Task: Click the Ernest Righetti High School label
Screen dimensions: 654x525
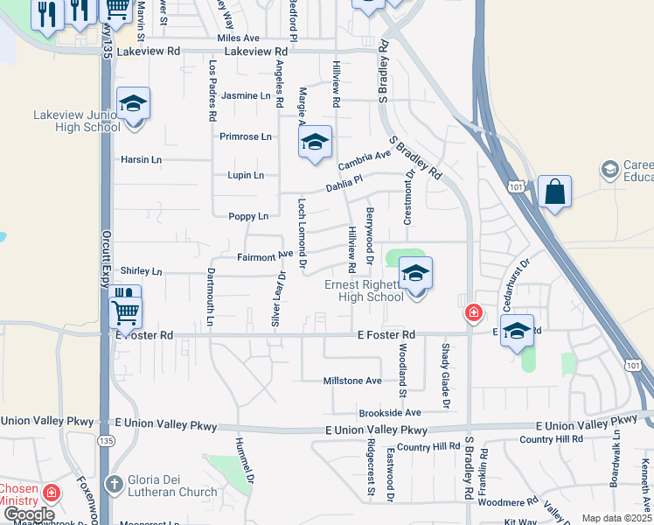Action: tap(364, 290)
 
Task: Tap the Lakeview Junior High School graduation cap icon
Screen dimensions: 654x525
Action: tap(134, 105)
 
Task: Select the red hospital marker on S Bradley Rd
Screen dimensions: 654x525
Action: tap(473, 312)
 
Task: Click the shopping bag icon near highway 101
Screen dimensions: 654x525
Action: tap(554, 191)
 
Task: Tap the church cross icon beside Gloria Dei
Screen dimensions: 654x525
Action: tap(114, 484)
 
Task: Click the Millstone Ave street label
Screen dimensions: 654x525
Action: tap(352, 381)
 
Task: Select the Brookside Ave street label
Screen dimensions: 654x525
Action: tap(390, 412)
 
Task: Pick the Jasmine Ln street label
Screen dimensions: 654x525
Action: tap(246, 95)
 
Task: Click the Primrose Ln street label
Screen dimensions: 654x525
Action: tap(246, 136)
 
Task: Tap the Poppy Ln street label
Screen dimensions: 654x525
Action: tap(247, 216)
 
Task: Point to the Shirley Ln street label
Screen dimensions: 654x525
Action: tap(142, 271)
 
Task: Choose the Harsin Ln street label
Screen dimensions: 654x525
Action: tap(142, 159)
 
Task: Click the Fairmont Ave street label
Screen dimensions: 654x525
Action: tap(265, 256)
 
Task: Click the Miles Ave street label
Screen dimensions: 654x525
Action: tap(239, 38)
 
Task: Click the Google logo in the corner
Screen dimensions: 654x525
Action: tap(29, 514)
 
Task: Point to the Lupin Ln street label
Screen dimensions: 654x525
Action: tap(246, 175)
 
